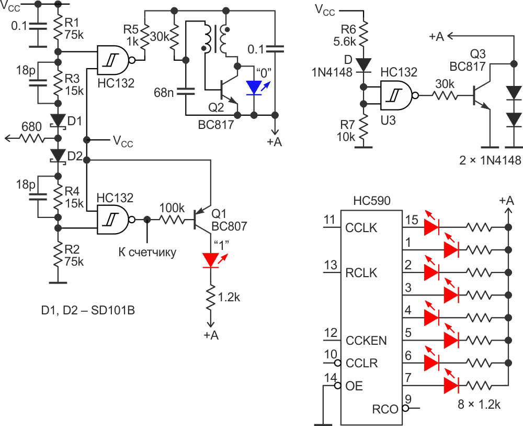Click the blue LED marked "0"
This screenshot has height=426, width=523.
coord(254,88)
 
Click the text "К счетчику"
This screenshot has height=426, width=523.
coord(147,253)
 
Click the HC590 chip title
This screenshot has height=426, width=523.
coord(371,201)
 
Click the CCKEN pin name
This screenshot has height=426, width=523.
coord(366,340)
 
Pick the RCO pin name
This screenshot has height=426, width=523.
coord(386,408)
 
